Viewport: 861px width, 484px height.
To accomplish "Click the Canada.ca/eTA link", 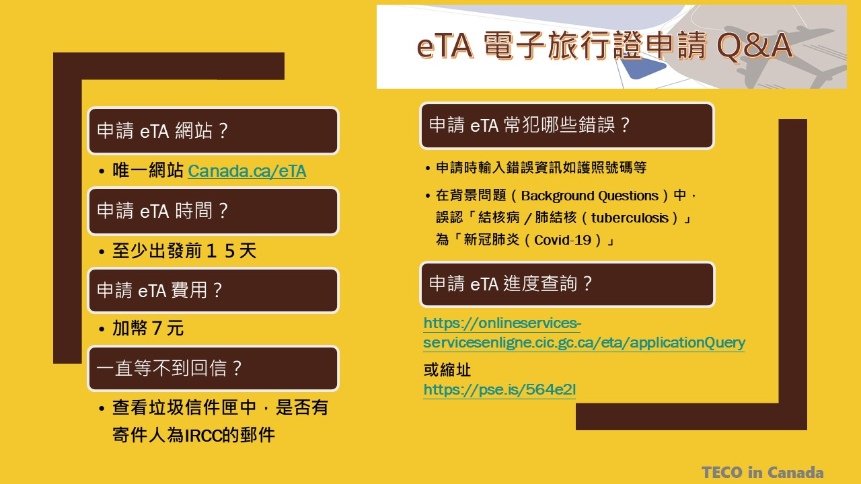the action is (247, 171).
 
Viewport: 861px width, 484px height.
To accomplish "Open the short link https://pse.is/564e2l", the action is (500, 389).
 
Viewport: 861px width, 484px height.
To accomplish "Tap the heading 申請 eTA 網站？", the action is (162, 130).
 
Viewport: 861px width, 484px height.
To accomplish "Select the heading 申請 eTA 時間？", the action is (162, 211).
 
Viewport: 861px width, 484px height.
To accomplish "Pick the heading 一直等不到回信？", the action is (169, 368).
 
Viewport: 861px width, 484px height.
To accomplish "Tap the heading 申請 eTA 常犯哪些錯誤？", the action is (529, 125).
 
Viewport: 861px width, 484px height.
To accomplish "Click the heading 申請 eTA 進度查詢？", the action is (511, 284).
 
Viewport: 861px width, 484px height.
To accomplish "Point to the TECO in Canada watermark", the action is (763, 472).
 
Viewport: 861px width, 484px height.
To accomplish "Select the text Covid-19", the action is (562, 240).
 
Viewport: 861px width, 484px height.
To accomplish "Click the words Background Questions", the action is (590, 196).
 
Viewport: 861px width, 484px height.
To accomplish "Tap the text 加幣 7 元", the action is (148, 329).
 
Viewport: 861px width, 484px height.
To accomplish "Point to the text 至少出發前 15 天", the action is (184, 251).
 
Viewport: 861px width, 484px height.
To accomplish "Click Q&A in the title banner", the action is (755, 46).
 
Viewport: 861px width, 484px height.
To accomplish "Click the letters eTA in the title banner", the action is (445, 46).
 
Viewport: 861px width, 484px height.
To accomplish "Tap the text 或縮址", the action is (447, 370).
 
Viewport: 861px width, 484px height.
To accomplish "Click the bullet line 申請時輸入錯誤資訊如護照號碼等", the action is (541, 167).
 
